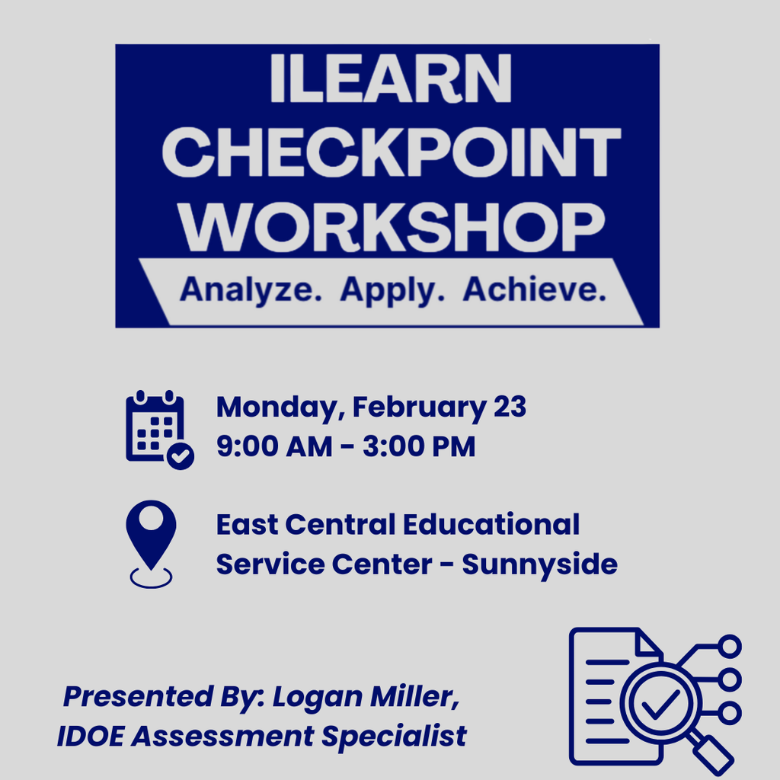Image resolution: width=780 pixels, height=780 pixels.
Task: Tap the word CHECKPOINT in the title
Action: point(391,152)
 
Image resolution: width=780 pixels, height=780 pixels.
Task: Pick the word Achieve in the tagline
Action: point(535,290)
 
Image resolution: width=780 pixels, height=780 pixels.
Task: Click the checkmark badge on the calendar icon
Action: point(181,456)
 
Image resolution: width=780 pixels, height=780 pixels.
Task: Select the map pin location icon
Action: point(151,537)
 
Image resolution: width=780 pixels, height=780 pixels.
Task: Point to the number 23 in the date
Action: point(509,408)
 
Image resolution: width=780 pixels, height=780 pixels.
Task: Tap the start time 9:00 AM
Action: point(273,446)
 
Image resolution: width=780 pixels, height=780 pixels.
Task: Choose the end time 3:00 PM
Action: point(419,446)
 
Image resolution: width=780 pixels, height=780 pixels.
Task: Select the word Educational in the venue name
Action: point(491,525)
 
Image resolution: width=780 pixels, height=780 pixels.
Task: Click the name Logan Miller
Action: point(366,696)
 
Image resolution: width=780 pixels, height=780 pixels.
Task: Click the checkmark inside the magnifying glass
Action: point(660,706)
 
